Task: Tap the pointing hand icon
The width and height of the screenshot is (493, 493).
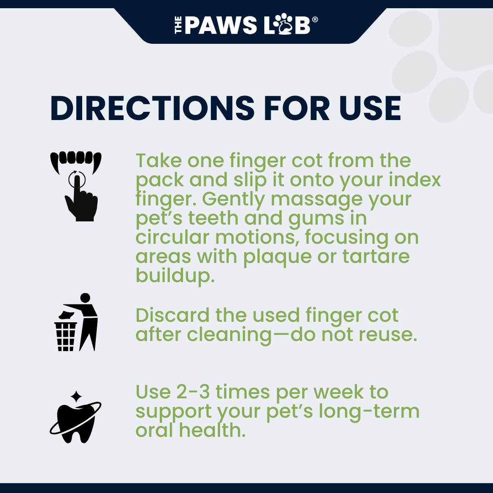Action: [80, 199]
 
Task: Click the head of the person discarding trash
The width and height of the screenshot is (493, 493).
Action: [85, 298]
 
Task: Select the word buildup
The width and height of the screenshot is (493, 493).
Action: [175, 276]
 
